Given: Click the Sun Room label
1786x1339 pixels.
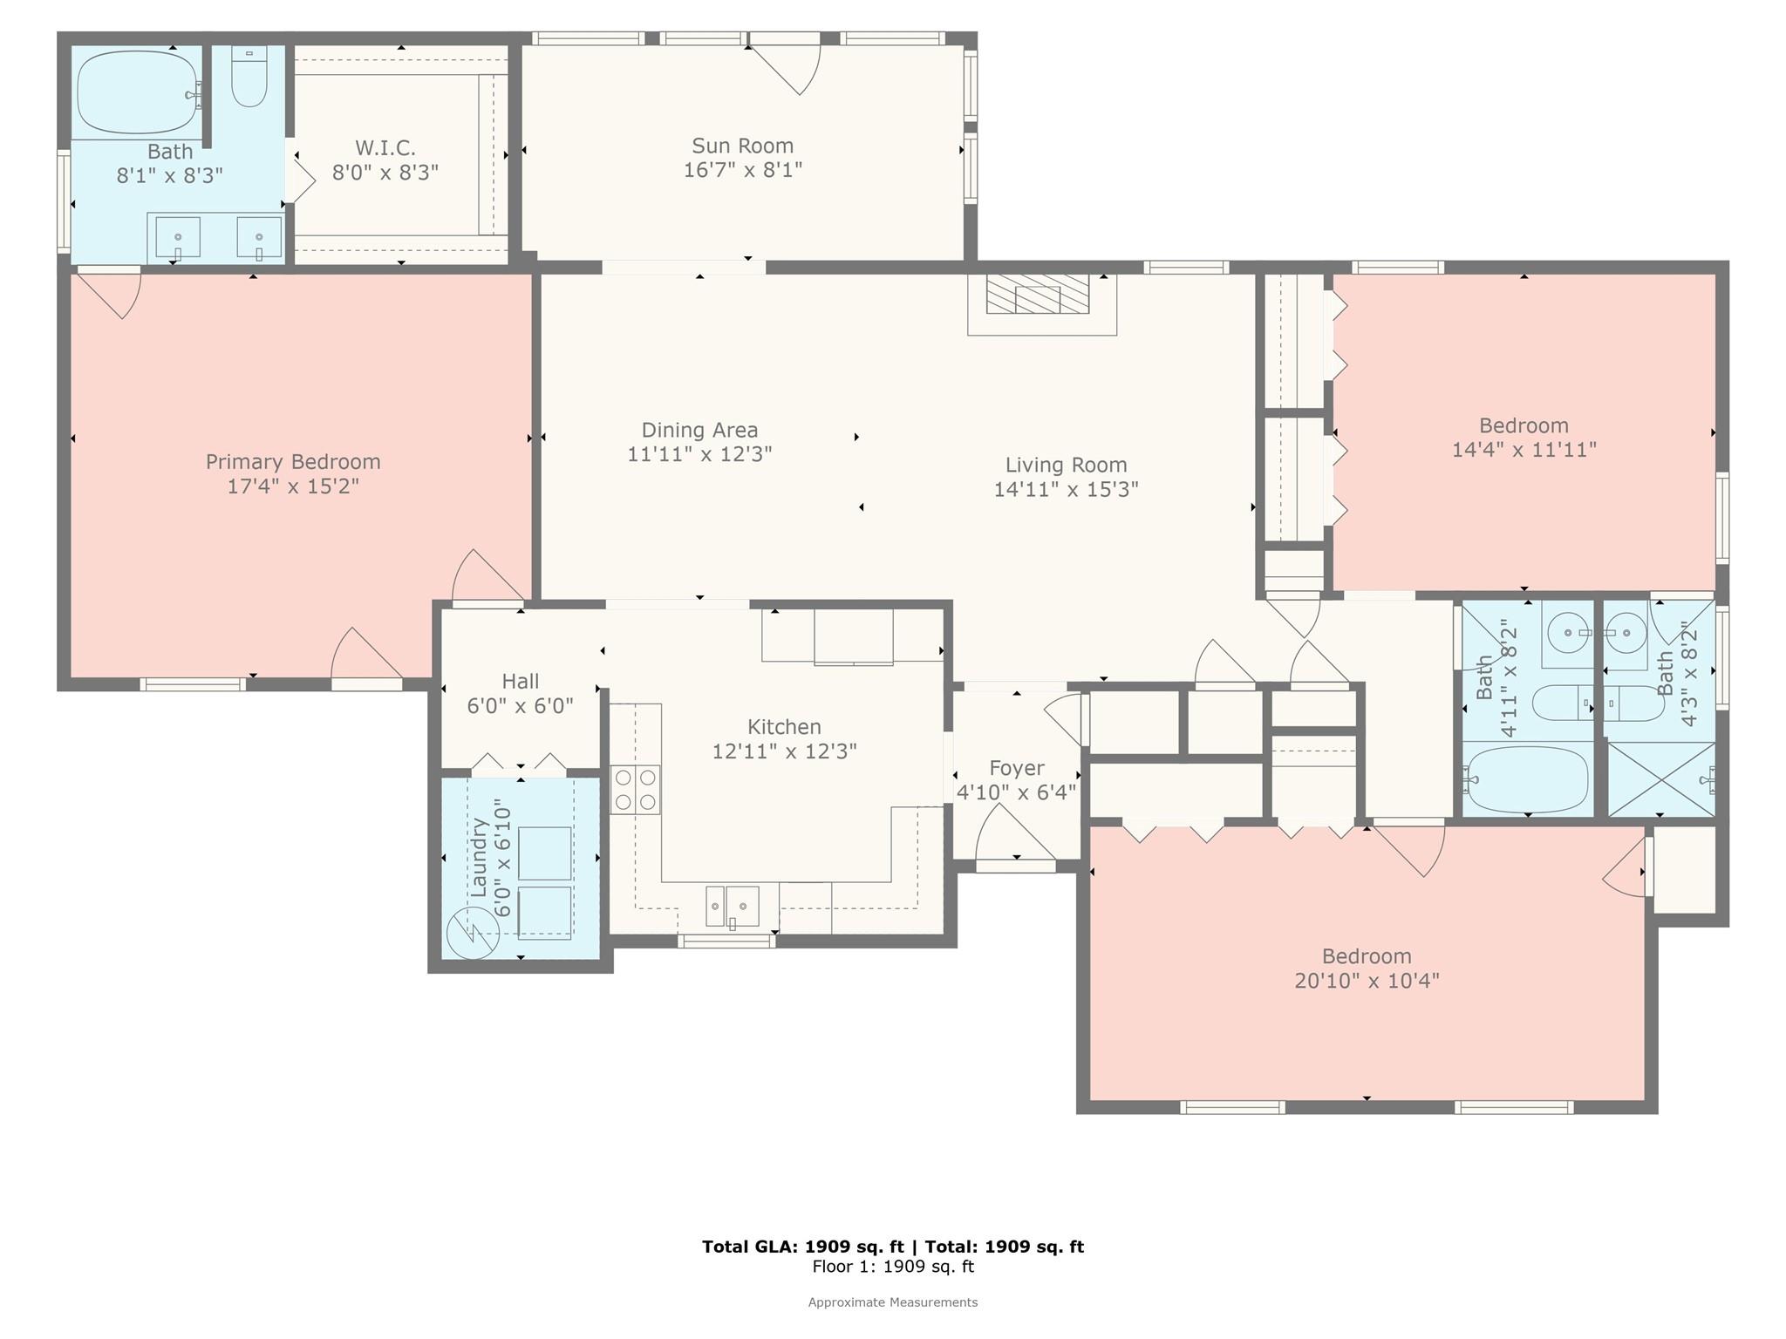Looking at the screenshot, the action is point(742,146).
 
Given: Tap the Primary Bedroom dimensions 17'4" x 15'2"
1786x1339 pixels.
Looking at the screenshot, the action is point(293,486).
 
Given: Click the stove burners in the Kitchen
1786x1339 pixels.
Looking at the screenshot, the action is point(635,789).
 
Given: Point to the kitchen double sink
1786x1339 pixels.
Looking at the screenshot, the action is point(732,906).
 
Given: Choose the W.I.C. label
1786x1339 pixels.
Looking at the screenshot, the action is point(385,147).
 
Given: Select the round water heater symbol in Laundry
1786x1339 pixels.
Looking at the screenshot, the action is point(472,933).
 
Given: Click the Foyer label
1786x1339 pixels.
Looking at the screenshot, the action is point(1016,768).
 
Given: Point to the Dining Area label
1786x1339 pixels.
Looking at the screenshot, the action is point(699,430).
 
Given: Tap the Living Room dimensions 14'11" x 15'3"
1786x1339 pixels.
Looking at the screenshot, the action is point(1066,489).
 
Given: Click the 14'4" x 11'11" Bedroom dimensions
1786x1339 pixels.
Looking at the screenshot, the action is point(1524,450).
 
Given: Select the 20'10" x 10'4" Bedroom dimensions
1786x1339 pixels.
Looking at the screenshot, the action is point(1367,981).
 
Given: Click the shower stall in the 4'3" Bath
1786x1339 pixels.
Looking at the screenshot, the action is point(1660,779).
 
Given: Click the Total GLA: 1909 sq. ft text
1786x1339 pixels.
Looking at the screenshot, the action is point(802,1247).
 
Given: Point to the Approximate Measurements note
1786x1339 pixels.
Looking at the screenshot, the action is point(893,1302).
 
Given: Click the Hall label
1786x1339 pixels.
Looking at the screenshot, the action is point(520,681).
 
